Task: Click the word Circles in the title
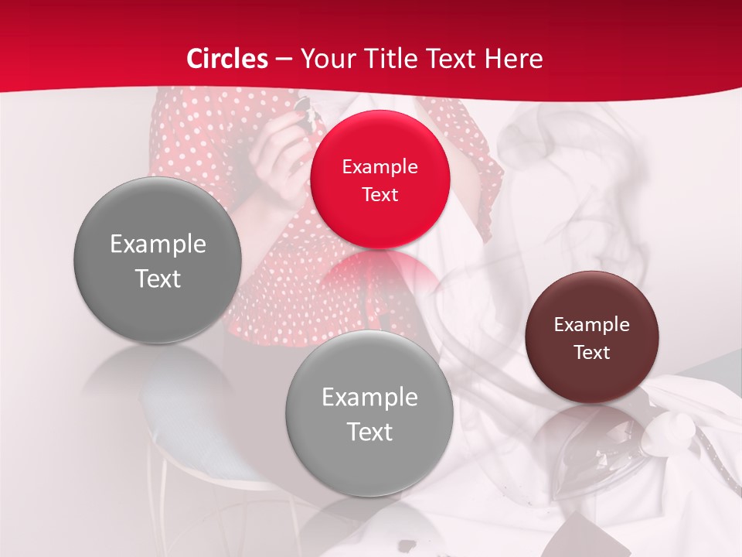(x=227, y=59)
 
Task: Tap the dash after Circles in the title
(x=284, y=59)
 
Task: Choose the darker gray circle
(x=158, y=309)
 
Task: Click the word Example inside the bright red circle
(x=380, y=167)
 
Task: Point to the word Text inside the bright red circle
(x=380, y=195)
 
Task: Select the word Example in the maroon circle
(x=592, y=325)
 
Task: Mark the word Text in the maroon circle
(x=592, y=353)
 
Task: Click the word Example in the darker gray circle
(x=158, y=244)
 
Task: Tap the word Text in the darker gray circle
(x=158, y=278)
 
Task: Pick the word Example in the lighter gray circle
(x=369, y=398)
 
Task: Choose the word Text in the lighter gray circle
(x=369, y=432)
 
